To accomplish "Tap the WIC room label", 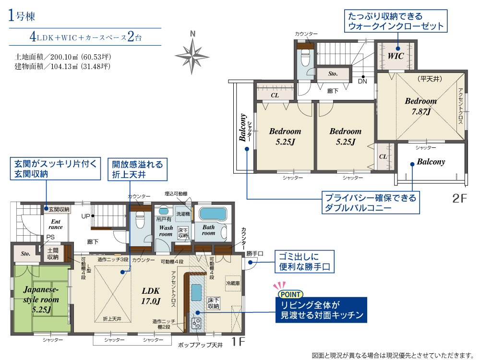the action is point(396,56).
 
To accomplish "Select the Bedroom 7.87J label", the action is point(421,106).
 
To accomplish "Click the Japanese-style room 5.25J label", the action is point(41,300).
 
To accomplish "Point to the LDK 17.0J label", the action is point(151,296).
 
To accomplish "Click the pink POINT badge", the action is point(290,295).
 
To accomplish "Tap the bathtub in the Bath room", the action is point(213,214).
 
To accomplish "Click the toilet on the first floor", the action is point(140,220).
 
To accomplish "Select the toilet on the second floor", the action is point(305,58).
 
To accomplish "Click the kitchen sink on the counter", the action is point(196,293).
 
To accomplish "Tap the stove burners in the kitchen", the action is point(196,323).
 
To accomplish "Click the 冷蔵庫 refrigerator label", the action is point(233,283).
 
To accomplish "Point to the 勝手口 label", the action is point(255,254).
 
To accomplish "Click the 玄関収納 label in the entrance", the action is point(59,209).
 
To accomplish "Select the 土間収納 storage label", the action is point(53,254).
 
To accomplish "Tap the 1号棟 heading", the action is point(22,16).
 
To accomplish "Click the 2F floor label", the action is point(459,199).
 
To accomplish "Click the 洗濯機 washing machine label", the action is point(183,214).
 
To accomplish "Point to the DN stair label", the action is point(362,82).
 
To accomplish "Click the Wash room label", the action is point(166,231).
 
